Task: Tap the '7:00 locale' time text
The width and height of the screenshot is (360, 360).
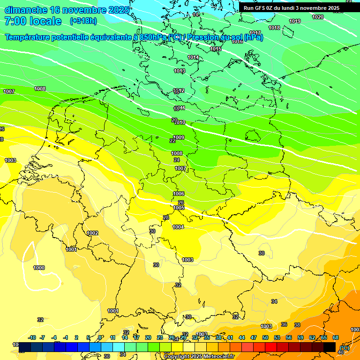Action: pyautogui.click(x=33, y=21)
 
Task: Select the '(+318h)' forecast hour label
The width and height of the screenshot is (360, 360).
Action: pyautogui.click(x=83, y=21)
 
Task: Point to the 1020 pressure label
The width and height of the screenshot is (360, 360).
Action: pyautogui.click(x=318, y=17)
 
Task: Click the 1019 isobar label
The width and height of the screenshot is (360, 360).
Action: pyautogui.click(x=295, y=21)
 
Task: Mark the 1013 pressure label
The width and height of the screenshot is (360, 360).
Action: pyautogui.click(x=180, y=71)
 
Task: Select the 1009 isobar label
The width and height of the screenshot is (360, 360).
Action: pyautogui.click(x=179, y=137)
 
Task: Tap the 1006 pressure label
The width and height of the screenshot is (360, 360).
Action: pyautogui.click(x=179, y=194)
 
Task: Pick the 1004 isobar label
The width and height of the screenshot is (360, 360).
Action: pyautogui.click(x=178, y=227)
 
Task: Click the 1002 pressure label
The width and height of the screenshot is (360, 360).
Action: pyautogui.click(x=93, y=233)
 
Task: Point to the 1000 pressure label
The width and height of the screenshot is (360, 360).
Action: pyautogui.click(x=39, y=268)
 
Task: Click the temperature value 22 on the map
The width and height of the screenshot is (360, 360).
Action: pyautogui.click(x=172, y=141)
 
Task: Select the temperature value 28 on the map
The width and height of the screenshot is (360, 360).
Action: pyautogui.click(x=165, y=217)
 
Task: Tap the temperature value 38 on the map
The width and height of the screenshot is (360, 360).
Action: pyautogui.click(x=297, y=325)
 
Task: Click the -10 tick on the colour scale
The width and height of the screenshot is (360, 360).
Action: pyautogui.click(x=32, y=337)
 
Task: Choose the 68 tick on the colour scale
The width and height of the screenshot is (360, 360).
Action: pyautogui.click(x=336, y=337)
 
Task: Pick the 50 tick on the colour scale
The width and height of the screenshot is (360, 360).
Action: pyautogui.click(x=265, y=337)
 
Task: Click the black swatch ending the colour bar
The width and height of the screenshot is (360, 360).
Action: pyautogui.click(x=330, y=347)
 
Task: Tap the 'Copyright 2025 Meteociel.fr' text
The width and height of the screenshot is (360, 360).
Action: pyautogui.click(x=199, y=357)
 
